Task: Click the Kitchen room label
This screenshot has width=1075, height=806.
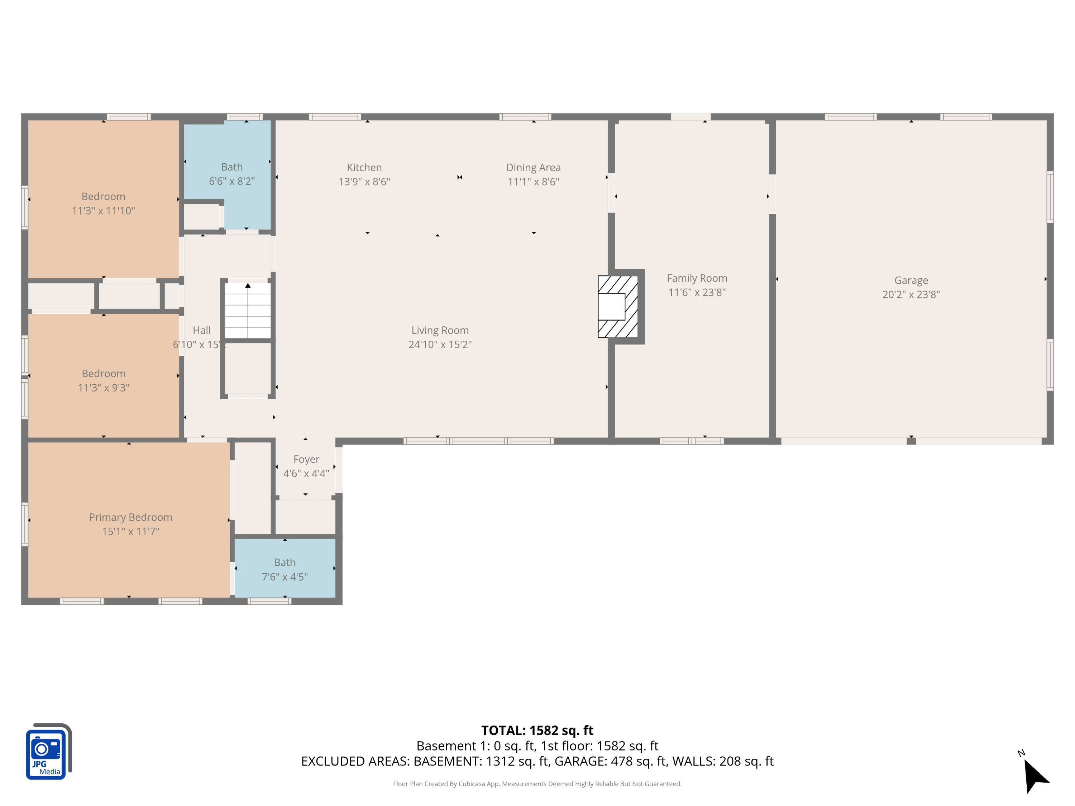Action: point(364,168)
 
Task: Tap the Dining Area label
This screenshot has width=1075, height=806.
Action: point(533,168)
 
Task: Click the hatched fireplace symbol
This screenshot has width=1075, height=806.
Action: point(618,307)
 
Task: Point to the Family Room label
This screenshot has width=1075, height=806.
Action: point(696,278)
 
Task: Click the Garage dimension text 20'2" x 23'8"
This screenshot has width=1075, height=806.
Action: point(911,294)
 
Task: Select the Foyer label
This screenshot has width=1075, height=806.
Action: point(306,459)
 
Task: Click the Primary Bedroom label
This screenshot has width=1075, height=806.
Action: point(130,517)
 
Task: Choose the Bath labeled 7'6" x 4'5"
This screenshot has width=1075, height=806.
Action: point(285,570)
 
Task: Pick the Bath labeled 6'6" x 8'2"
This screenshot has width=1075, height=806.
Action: point(232,174)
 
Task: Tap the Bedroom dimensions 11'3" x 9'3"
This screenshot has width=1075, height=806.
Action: point(103,388)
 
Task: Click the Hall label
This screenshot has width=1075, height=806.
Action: point(201,330)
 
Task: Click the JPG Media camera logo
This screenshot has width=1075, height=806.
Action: point(48,752)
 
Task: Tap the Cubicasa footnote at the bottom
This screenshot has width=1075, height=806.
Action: point(537,784)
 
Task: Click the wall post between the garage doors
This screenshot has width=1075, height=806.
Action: point(911,441)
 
